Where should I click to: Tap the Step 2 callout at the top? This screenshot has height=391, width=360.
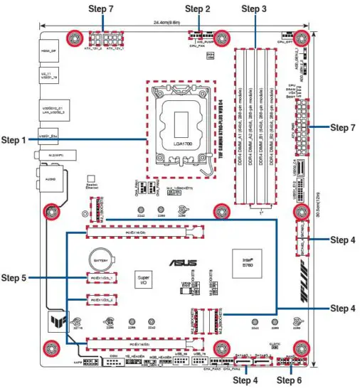[197, 9]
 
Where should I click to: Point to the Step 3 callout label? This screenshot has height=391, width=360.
[254, 9]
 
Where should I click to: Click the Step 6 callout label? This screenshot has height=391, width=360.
[290, 380]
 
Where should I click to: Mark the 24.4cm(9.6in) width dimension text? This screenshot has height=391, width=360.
[174, 23]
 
